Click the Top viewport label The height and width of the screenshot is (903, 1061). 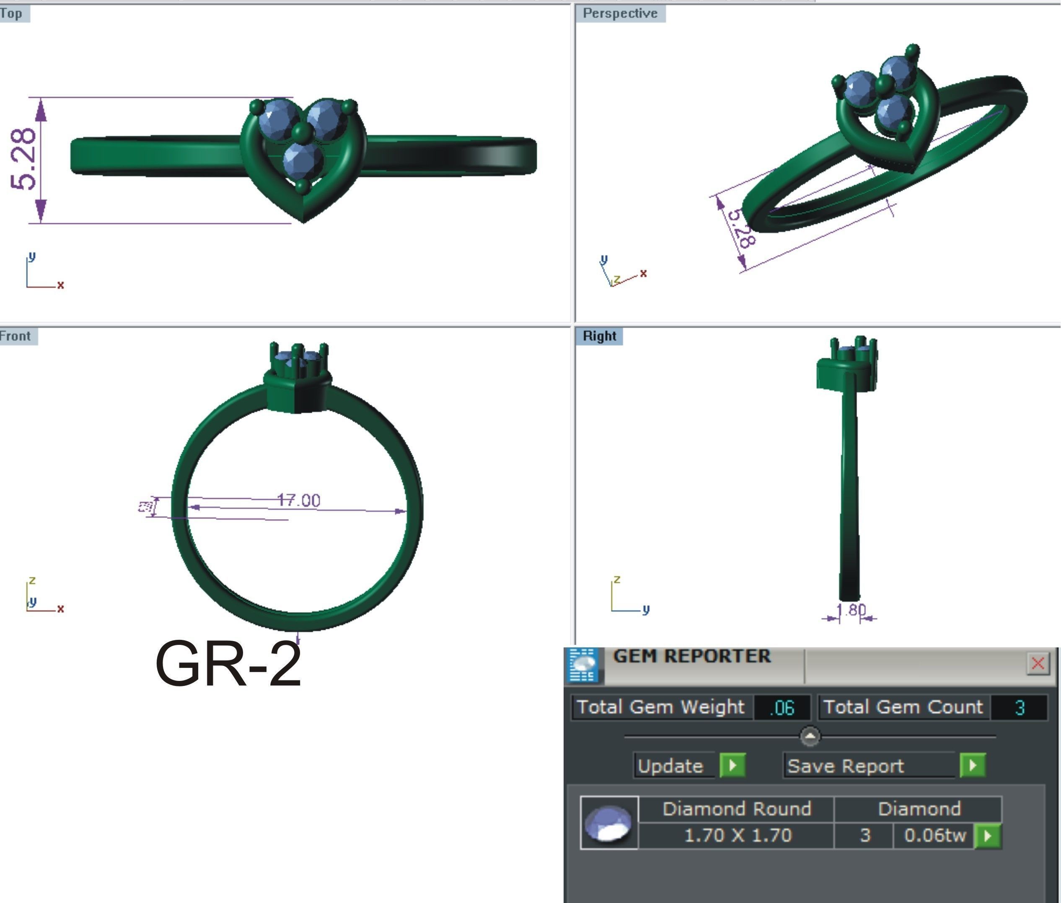tap(11, 13)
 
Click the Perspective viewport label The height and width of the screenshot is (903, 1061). tap(620, 13)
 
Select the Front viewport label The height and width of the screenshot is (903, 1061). tap(16, 336)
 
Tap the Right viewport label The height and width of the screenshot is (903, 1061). tap(599, 336)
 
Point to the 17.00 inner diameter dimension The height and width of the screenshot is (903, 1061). tap(299, 500)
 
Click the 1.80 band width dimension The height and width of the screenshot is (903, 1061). tap(850, 610)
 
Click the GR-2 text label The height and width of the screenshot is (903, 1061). tap(228, 664)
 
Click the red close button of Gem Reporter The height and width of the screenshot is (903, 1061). tap(1038, 663)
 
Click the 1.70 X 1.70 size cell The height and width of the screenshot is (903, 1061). tap(737, 836)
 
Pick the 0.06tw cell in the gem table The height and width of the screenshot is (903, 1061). tap(934, 836)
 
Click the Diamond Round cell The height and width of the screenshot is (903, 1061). tap(737, 809)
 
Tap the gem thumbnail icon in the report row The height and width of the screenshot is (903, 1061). tap(608, 823)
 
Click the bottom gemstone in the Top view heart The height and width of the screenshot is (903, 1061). tap(303, 160)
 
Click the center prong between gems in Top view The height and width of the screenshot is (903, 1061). tap(303, 132)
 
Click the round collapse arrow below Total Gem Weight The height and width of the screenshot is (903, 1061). tap(810, 737)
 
